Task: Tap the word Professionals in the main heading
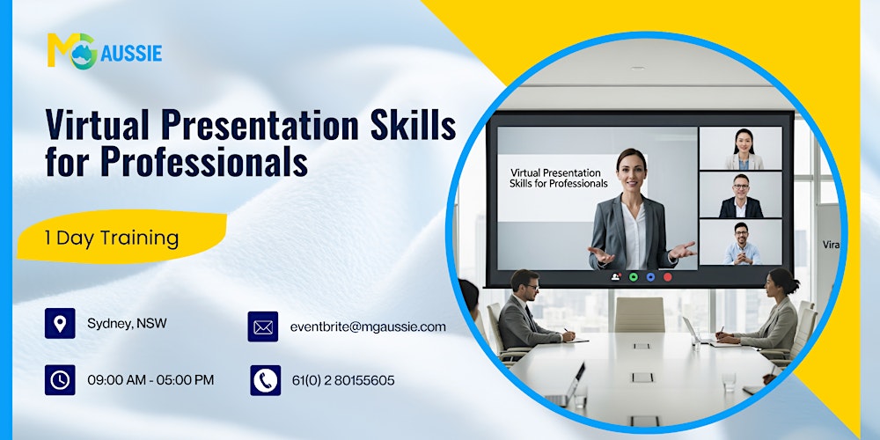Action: click(203, 162)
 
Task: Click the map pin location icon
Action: click(60, 324)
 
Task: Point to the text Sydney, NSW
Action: click(127, 324)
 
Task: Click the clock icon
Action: click(60, 380)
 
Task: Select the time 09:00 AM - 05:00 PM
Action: click(150, 380)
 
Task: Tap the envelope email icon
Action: click(263, 326)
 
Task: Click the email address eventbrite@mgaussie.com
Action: click(368, 326)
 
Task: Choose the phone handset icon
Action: click(265, 380)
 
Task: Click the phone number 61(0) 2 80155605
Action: click(343, 380)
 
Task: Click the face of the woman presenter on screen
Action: click(631, 167)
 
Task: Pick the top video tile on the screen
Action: click(740, 148)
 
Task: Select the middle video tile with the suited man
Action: click(740, 194)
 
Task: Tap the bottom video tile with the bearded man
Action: click(740, 242)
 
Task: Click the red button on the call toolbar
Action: click(667, 276)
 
